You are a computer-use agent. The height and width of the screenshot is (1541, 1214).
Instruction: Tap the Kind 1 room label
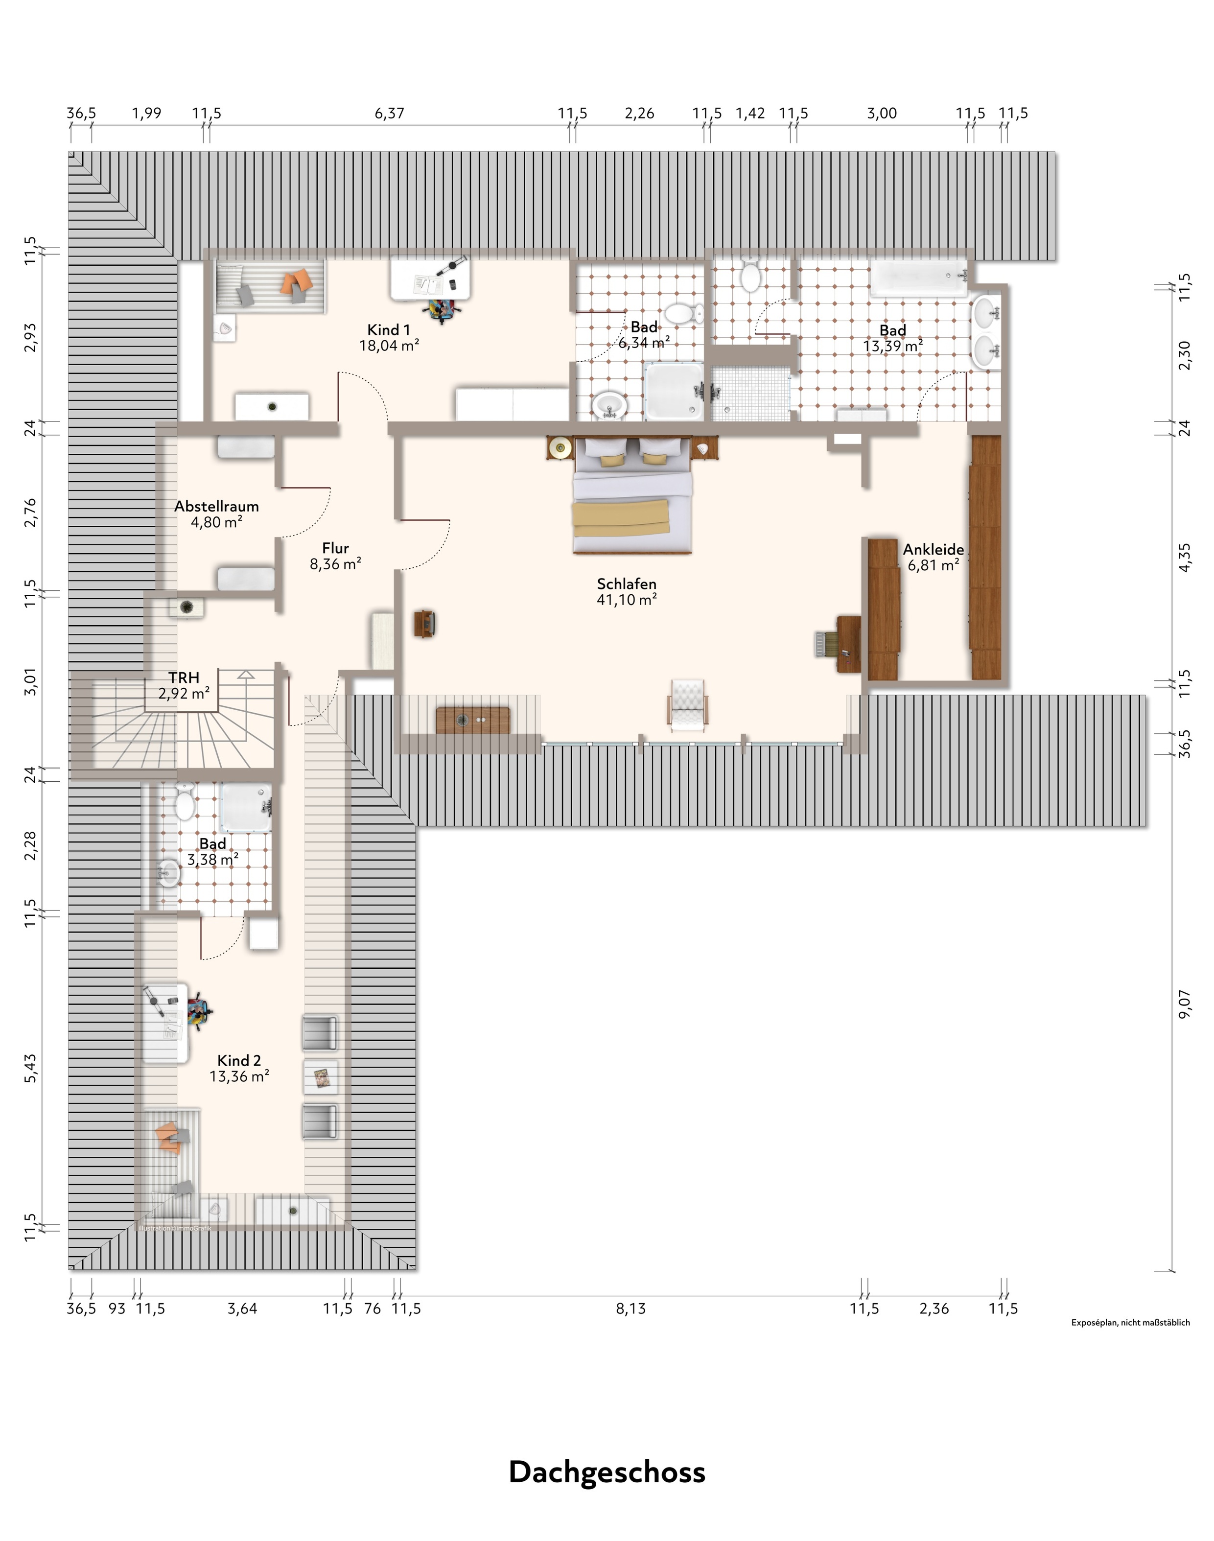pyautogui.click(x=388, y=330)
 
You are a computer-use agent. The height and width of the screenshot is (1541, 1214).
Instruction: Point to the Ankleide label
pyautogui.click(x=933, y=549)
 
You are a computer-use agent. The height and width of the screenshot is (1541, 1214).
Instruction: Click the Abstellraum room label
pyautogui.click(x=217, y=507)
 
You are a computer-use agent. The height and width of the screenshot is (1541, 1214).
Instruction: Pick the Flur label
pyautogui.click(x=335, y=548)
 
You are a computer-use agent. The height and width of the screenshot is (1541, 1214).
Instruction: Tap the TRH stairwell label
pyautogui.click(x=184, y=677)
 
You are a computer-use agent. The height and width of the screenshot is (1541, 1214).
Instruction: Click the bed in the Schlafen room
pyautogui.click(x=632, y=495)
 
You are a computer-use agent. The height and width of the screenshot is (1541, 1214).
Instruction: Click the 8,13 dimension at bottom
pyautogui.click(x=630, y=1308)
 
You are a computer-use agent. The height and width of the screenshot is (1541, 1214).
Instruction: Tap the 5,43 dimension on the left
pyautogui.click(x=30, y=1068)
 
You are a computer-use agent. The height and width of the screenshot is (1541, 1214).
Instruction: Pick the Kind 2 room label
pyautogui.click(x=239, y=1060)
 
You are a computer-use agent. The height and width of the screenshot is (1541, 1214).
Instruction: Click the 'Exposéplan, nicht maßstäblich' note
pyautogui.click(x=1131, y=1323)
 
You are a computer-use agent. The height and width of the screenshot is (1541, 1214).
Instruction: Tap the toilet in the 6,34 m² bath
pyautogui.click(x=684, y=313)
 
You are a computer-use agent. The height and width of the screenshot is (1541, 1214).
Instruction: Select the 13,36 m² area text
pyautogui.click(x=239, y=1076)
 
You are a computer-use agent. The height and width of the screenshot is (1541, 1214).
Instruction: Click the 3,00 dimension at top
pyautogui.click(x=882, y=114)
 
